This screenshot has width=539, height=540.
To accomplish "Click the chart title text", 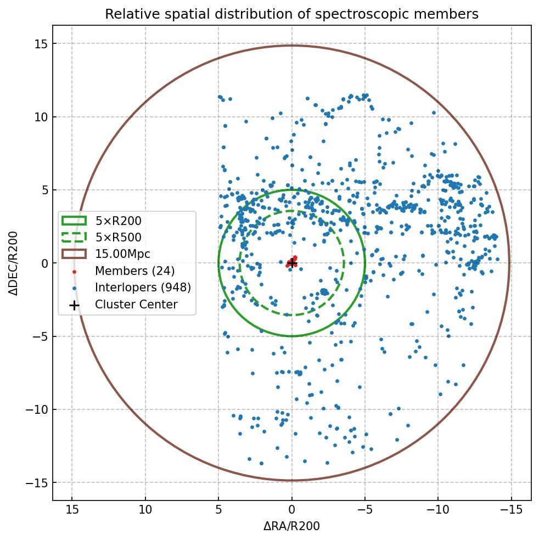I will [291, 14].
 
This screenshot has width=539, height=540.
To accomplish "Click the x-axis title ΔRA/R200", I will [291, 526].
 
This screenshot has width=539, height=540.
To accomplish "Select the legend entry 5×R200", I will [118, 221].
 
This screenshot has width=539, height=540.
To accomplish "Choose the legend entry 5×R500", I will [118, 238].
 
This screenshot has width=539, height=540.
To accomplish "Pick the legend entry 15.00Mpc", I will [122, 254].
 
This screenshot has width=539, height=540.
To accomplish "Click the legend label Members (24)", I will [134, 271].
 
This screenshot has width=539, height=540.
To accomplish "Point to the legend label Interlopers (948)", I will [143, 288].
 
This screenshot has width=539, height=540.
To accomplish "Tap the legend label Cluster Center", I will [136, 305].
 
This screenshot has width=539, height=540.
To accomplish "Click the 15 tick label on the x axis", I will [71, 510].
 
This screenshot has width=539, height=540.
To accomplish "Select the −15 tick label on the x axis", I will [511, 510].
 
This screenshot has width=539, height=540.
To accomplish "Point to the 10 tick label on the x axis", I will [145, 510].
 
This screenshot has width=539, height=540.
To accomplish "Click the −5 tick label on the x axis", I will [364, 510].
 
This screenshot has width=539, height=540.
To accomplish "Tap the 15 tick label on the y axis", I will [40, 44].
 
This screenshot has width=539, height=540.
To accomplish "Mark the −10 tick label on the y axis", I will [36, 410].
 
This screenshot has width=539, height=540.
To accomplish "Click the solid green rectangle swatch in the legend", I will [74, 221].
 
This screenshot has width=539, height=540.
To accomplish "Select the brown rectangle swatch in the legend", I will [74, 254].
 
